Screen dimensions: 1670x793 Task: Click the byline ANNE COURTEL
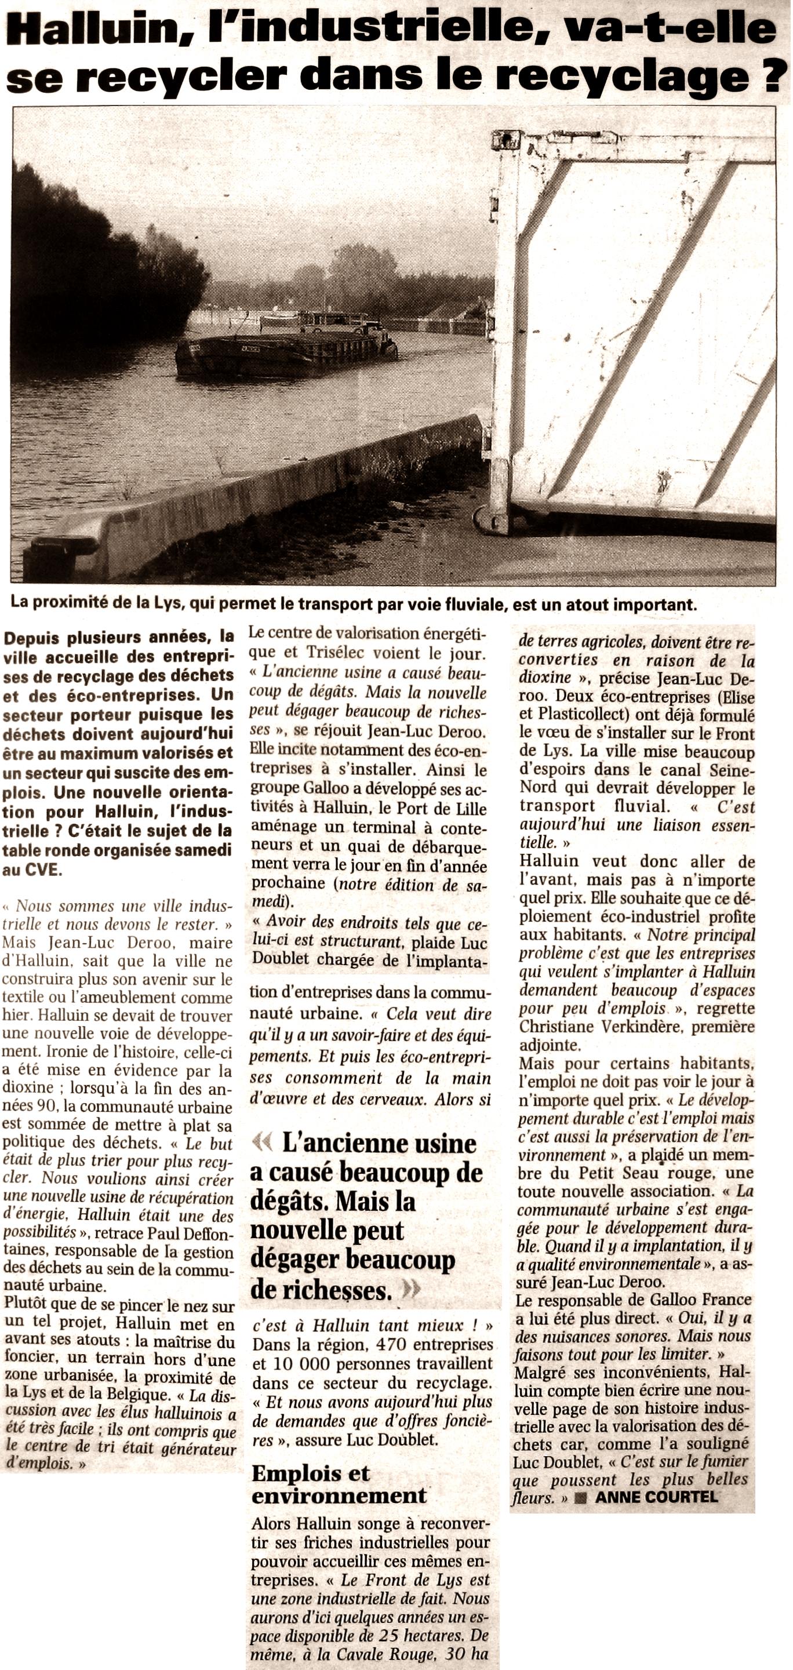point(656,1497)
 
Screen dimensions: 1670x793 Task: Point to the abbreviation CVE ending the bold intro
point(43,870)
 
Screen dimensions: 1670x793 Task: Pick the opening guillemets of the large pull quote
point(261,1143)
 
